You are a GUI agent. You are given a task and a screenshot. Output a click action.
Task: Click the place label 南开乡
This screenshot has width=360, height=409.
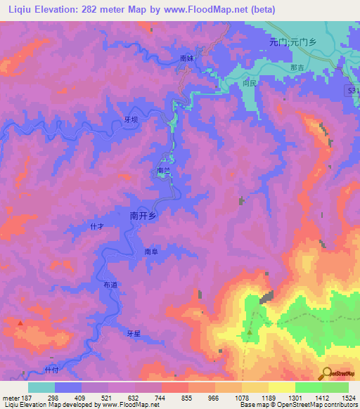[x=148, y=217]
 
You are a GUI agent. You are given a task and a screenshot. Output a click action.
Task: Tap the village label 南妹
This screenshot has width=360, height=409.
[x=186, y=59]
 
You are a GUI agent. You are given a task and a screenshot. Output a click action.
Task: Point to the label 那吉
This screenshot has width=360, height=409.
[x=297, y=68]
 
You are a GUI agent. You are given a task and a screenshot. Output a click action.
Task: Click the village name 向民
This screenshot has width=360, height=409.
[x=250, y=83]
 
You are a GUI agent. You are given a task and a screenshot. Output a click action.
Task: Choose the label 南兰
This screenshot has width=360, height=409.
[x=164, y=170]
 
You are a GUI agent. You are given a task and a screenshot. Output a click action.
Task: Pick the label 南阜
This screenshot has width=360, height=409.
[x=150, y=251]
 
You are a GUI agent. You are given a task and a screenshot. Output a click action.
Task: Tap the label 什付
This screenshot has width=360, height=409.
[x=51, y=368]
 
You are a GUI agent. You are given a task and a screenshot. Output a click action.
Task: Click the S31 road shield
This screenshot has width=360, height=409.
[x=353, y=91]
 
